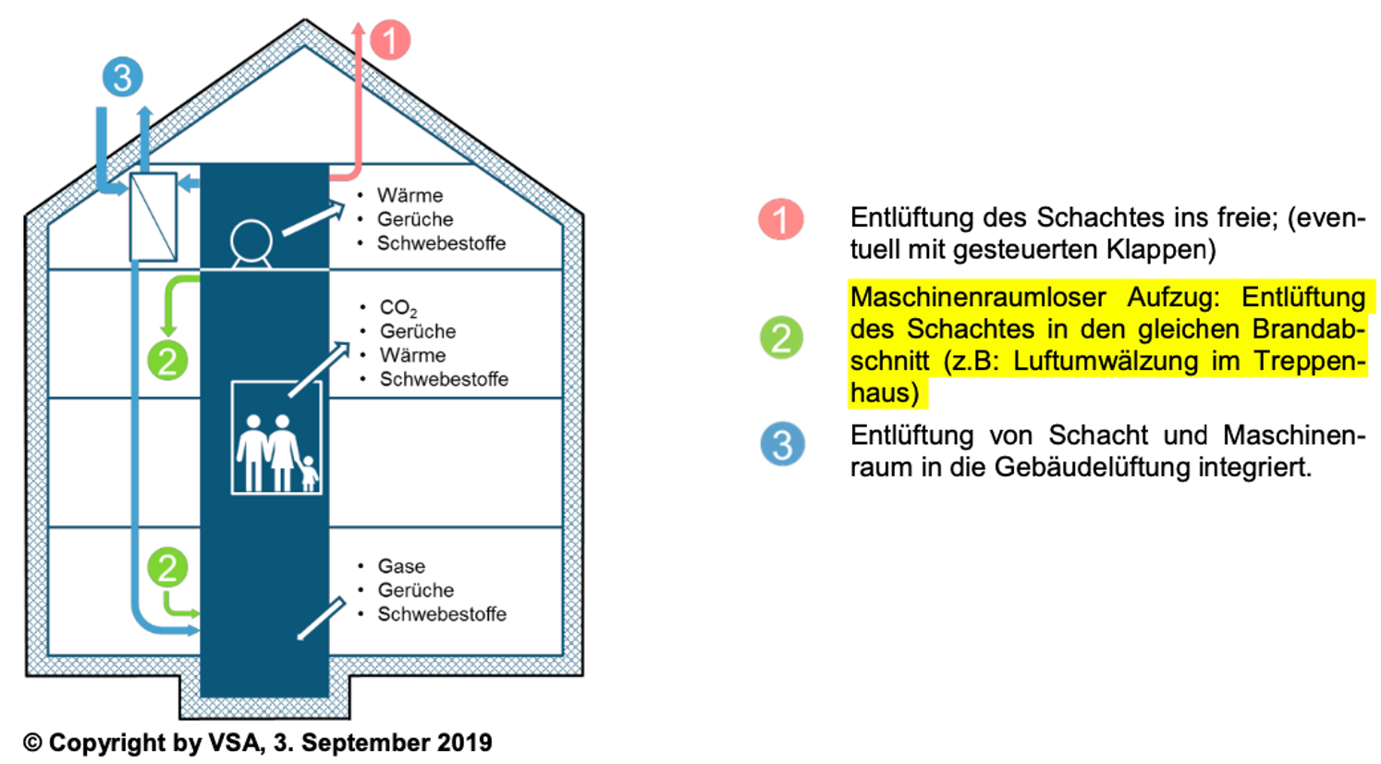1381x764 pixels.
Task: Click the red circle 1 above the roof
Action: [390, 41]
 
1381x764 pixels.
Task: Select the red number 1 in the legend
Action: [781, 220]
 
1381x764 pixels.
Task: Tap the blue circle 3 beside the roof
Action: [123, 77]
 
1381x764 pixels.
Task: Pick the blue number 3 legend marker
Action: [782, 445]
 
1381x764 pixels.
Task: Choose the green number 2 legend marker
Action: [781, 338]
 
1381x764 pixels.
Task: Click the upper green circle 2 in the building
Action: [167, 361]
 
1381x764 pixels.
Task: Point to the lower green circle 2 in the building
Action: [167, 567]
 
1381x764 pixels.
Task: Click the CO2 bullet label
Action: [398, 308]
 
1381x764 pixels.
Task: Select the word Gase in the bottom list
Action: [401, 566]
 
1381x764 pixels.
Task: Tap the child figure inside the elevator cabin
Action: [309, 473]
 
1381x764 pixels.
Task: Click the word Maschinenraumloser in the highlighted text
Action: [978, 298]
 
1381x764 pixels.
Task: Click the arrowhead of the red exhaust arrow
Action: [360, 31]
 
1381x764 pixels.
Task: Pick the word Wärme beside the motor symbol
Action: [409, 195]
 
